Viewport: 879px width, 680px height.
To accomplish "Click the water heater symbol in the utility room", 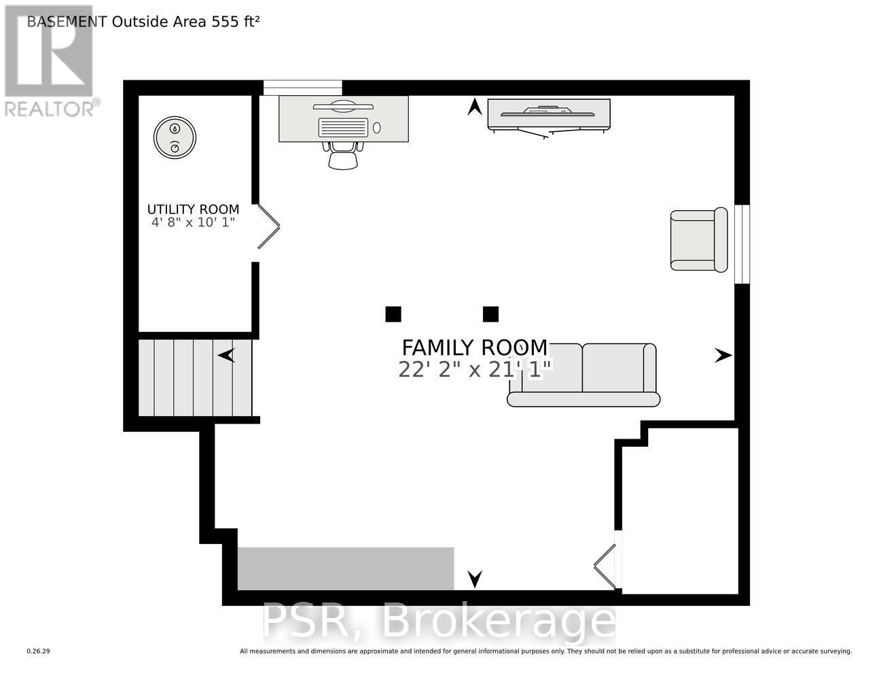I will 175,137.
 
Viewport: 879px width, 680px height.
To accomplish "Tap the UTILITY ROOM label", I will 194,209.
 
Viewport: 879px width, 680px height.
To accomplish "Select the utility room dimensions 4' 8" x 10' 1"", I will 194,222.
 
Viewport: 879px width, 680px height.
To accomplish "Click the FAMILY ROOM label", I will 474,347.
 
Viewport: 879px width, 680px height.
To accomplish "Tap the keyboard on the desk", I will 343,127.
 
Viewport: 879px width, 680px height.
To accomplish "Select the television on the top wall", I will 549,114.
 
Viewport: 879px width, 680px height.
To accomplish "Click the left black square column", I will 393,314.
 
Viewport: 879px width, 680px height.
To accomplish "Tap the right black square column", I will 490,314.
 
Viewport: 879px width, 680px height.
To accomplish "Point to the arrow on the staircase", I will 226,355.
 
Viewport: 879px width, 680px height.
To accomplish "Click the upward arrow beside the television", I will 475,107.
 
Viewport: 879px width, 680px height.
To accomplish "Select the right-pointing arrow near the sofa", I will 723,355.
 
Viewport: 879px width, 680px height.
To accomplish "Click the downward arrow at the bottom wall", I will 475,579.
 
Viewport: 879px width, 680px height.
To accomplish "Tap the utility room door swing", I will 268,226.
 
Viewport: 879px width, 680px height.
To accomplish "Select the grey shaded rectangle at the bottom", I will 345,568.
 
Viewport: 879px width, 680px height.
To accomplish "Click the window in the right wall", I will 742,243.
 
